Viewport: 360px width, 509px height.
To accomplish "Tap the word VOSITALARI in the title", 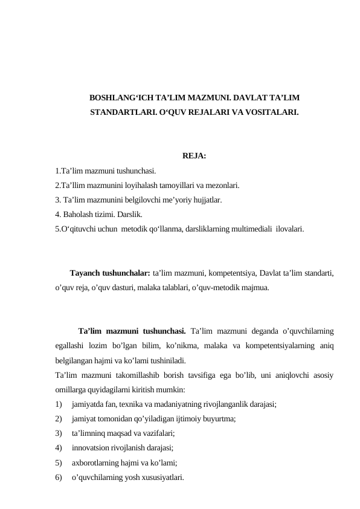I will tap(273, 112).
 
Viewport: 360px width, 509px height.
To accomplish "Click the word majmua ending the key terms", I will tap(256, 287).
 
